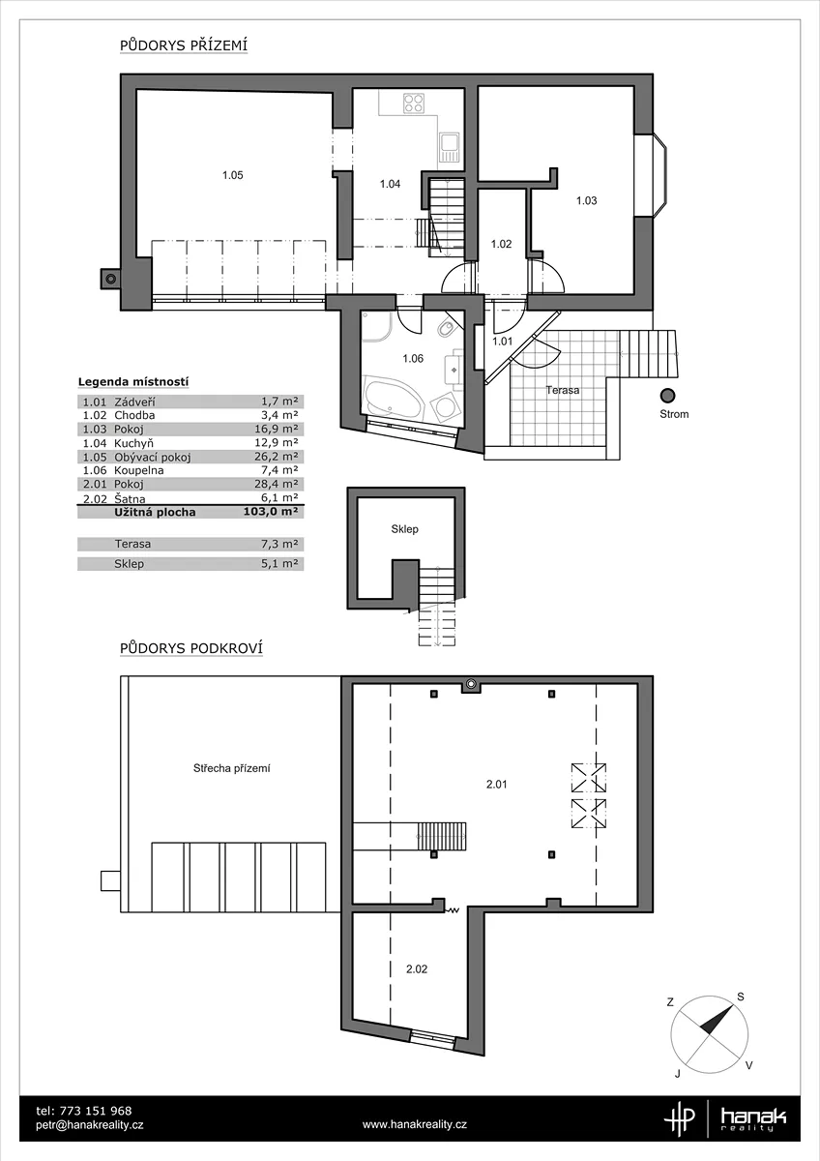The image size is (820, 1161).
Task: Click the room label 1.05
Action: pyautogui.click(x=233, y=175)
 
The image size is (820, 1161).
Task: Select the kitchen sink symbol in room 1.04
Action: pyautogui.click(x=449, y=147)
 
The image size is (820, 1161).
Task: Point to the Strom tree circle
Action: pyautogui.click(x=668, y=396)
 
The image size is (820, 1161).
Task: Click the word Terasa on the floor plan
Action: pyautogui.click(x=563, y=390)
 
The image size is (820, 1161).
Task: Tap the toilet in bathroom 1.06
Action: pyautogui.click(x=446, y=328)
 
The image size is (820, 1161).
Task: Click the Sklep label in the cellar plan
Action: pyautogui.click(x=404, y=529)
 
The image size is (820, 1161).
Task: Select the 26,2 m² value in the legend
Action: pyautogui.click(x=279, y=457)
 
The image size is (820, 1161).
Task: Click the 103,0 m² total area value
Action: pyautogui.click(x=271, y=512)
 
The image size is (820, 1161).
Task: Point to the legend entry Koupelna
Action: pyautogui.click(x=139, y=470)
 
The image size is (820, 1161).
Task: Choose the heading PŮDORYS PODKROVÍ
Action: pyautogui.click(x=191, y=648)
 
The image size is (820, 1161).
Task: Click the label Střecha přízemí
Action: pyautogui.click(x=231, y=768)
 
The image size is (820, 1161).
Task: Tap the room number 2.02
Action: pyautogui.click(x=417, y=969)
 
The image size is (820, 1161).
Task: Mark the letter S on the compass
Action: pyautogui.click(x=741, y=997)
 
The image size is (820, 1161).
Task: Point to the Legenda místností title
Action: pyautogui.click(x=133, y=382)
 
